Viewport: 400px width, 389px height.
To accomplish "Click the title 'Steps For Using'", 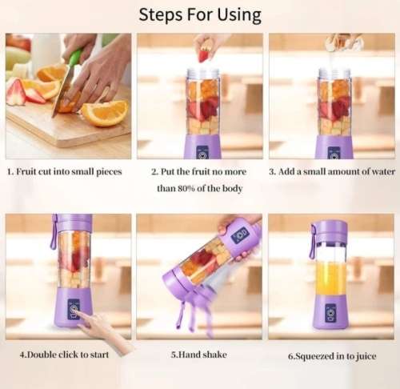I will [x=199, y=14].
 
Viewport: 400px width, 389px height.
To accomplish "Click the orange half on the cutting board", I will [x=104, y=113].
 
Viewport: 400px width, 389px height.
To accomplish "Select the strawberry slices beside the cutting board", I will [x=24, y=94].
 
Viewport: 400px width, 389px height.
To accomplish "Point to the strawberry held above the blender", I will [x=204, y=55].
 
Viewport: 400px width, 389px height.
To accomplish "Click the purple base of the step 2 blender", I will [x=202, y=146].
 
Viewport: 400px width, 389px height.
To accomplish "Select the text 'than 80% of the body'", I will [x=199, y=188].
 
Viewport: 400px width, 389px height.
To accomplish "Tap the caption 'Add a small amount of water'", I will [x=332, y=171].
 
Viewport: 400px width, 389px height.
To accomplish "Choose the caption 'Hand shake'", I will [x=200, y=354].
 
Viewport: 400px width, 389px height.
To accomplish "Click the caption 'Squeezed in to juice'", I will [x=332, y=355].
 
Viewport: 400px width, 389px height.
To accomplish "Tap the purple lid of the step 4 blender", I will [x=73, y=222].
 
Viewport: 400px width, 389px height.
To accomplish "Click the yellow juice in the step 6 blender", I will [x=330, y=277].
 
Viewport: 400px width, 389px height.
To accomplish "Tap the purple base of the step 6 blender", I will [x=330, y=311].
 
